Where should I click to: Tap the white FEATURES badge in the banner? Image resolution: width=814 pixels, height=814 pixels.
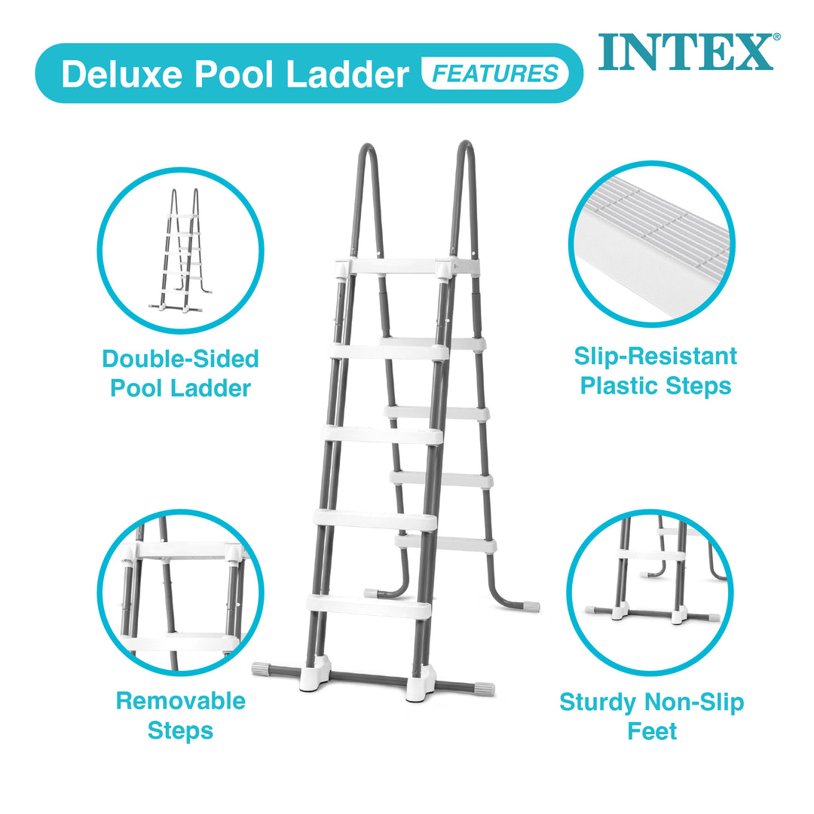[x=495, y=74]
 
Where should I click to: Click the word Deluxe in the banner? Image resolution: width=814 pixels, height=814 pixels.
[x=122, y=75]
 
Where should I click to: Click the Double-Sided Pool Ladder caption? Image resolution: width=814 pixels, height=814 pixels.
[x=180, y=373]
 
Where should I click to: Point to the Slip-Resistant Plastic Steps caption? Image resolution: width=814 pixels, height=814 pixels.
[x=655, y=371]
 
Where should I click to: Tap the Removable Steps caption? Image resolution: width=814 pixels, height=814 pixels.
[x=180, y=715]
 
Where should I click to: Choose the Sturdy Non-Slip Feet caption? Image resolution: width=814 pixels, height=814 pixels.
[x=651, y=717]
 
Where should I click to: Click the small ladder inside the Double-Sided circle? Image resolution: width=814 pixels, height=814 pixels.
[x=181, y=250]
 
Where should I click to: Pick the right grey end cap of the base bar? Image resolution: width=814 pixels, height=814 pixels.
[x=483, y=688]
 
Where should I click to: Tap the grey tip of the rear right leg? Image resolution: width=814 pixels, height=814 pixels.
[x=531, y=606]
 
